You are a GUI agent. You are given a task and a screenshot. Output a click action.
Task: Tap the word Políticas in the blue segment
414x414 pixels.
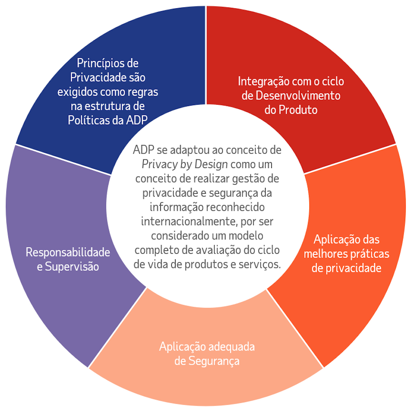[x=86, y=120]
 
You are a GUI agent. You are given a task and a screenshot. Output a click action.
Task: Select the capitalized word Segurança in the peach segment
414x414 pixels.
[x=214, y=361]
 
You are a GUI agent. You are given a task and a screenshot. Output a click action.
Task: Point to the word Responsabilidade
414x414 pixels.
[x=68, y=252]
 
